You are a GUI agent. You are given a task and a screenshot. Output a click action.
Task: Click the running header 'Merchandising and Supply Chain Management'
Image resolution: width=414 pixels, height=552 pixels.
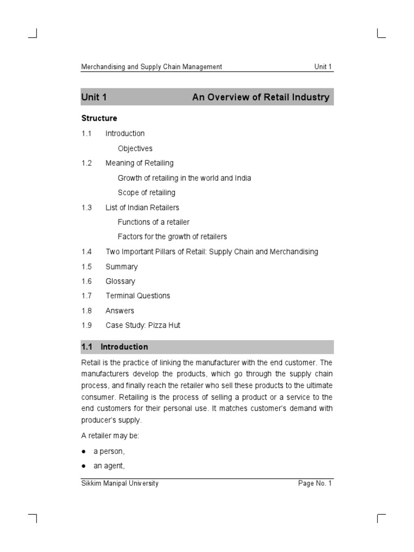point(151,67)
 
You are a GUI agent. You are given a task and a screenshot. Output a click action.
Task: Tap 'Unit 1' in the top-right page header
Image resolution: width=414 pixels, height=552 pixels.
point(323,67)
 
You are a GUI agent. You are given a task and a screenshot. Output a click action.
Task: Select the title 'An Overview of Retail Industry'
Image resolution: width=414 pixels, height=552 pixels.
point(260,98)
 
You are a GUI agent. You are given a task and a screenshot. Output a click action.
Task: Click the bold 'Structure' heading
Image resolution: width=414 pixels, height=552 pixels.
point(99,118)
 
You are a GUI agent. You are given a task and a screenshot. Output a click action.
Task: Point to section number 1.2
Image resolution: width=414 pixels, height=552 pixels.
point(87,163)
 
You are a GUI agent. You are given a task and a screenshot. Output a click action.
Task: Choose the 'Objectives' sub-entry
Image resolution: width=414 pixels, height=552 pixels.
point(135,148)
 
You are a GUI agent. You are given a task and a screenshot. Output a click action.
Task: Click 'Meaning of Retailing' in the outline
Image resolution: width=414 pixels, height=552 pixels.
point(139,163)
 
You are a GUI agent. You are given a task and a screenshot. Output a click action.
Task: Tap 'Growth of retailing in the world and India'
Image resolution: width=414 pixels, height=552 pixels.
point(184,178)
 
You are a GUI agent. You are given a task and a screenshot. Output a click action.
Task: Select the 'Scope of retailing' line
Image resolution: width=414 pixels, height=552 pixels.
point(146,192)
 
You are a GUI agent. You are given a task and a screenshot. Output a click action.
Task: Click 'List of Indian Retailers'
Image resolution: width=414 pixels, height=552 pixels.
point(142,208)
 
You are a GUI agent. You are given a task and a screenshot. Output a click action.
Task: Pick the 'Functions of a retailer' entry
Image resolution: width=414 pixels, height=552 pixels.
point(154,222)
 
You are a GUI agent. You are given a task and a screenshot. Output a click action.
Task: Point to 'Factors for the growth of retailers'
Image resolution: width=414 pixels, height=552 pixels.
point(172,237)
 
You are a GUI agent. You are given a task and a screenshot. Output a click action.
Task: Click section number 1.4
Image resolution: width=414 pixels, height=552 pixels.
point(87,252)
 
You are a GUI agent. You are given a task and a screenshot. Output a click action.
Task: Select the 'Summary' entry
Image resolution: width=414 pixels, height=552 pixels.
point(121,267)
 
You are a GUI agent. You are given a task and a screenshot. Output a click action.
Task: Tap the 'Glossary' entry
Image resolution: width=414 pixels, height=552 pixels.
point(120,281)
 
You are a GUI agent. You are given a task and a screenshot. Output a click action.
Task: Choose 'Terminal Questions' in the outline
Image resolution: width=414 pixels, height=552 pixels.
point(137,296)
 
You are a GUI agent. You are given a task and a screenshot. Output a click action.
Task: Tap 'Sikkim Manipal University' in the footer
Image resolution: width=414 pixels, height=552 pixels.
point(120,484)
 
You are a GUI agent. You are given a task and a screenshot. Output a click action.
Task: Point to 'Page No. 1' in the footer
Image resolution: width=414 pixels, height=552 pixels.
point(315,484)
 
